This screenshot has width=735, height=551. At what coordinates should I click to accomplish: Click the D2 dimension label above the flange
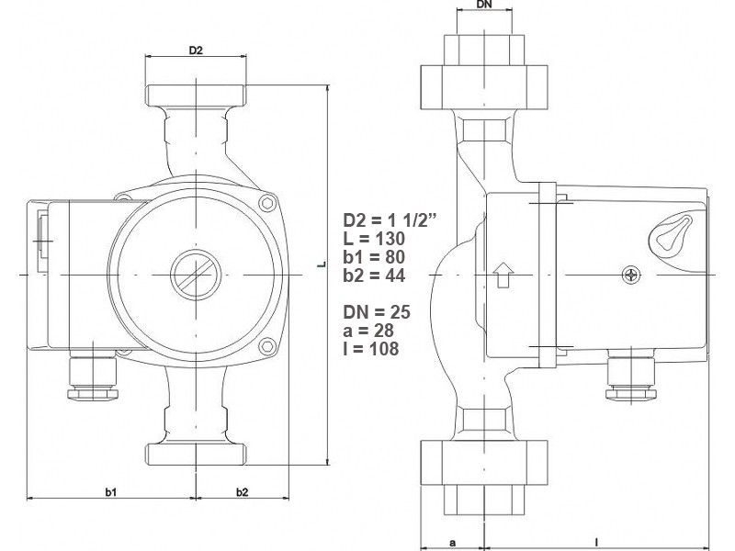click(196, 50)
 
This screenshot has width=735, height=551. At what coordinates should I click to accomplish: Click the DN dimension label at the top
click(485, 5)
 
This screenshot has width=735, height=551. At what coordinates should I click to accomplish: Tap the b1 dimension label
click(110, 492)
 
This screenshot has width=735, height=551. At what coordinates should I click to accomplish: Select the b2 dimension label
click(242, 492)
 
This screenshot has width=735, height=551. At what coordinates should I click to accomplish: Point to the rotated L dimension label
click(321, 264)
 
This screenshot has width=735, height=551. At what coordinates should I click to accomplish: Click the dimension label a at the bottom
click(452, 543)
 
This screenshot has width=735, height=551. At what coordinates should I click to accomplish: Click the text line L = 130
click(374, 239)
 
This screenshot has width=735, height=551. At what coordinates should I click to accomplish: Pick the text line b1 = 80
click(374, 257)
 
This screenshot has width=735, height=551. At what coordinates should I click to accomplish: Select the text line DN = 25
click(377, 311)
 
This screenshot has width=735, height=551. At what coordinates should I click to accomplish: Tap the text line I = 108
click(371, 349)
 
